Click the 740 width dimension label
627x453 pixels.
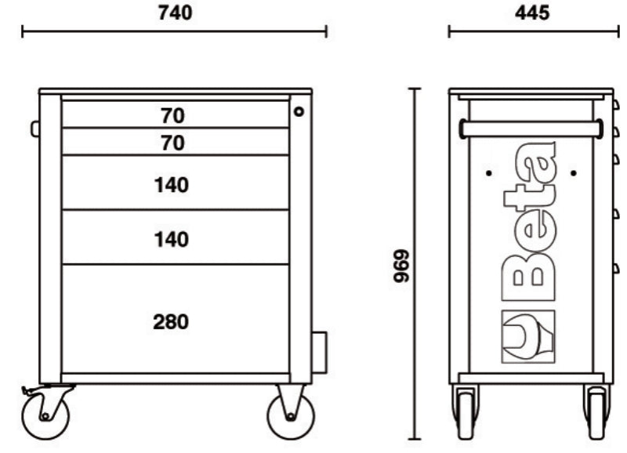pos(174,13)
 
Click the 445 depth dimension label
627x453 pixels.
pos(533,13)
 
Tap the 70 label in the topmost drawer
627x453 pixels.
pos(172,116)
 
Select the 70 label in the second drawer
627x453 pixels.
pos(172,143)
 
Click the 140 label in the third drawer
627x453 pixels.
pos(172,185)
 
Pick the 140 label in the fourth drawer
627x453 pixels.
pos(172,239)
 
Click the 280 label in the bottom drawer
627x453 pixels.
pos(172,321)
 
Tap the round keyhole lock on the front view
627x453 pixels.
pos(299,112)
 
